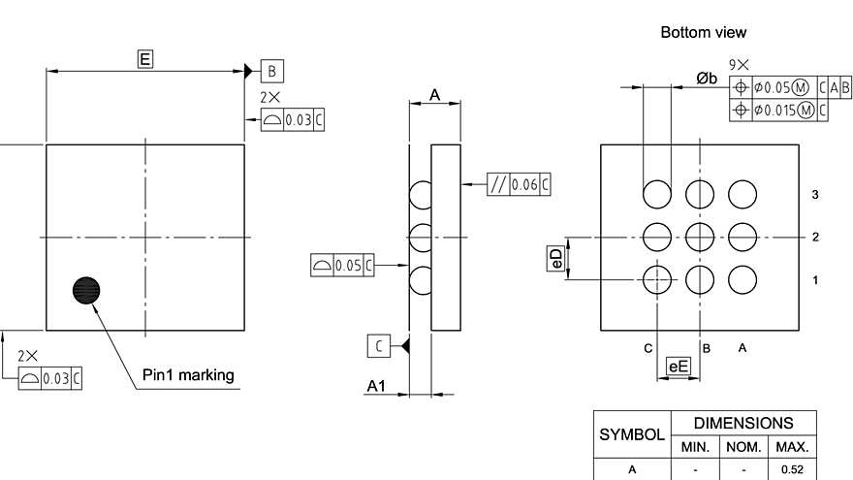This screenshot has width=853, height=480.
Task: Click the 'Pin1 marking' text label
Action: point(188,375)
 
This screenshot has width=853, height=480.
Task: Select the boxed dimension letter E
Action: point(144,60)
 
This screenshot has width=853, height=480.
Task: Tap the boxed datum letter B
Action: point(272,71)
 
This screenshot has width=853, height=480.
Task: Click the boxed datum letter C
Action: point(379,345)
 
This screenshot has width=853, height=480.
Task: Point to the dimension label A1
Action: point(376,387)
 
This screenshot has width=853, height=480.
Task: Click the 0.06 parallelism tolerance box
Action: point(520,185)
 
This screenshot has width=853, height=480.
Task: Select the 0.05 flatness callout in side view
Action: point(344,265)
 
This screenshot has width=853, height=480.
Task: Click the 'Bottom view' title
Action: point(704,33)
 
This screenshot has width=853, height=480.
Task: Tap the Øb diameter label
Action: point(706,79)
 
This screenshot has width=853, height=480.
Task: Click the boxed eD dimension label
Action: point(555,259)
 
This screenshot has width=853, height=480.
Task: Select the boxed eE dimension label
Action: point(679,367)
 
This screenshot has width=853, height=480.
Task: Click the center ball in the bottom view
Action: point(700,237)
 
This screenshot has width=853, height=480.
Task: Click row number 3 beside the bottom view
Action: point(815,195)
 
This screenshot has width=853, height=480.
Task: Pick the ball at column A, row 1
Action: point(742,279)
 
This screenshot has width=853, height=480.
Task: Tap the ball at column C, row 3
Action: point(657,194)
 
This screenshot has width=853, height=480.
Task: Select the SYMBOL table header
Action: point(632,435)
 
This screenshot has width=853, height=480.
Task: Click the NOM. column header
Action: point(743,447)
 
